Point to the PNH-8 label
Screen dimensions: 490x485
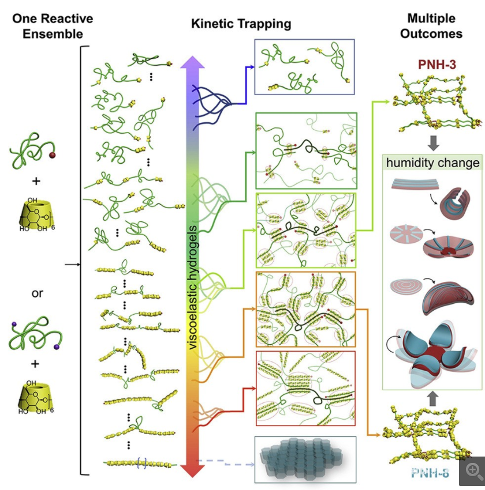[x=431, y=474]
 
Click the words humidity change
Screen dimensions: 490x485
[x=434, y=163]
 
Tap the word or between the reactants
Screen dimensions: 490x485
[x=38, y=293]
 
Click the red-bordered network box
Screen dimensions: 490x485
[x=305, y=388]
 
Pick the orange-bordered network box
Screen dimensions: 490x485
[x=305, y=308]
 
